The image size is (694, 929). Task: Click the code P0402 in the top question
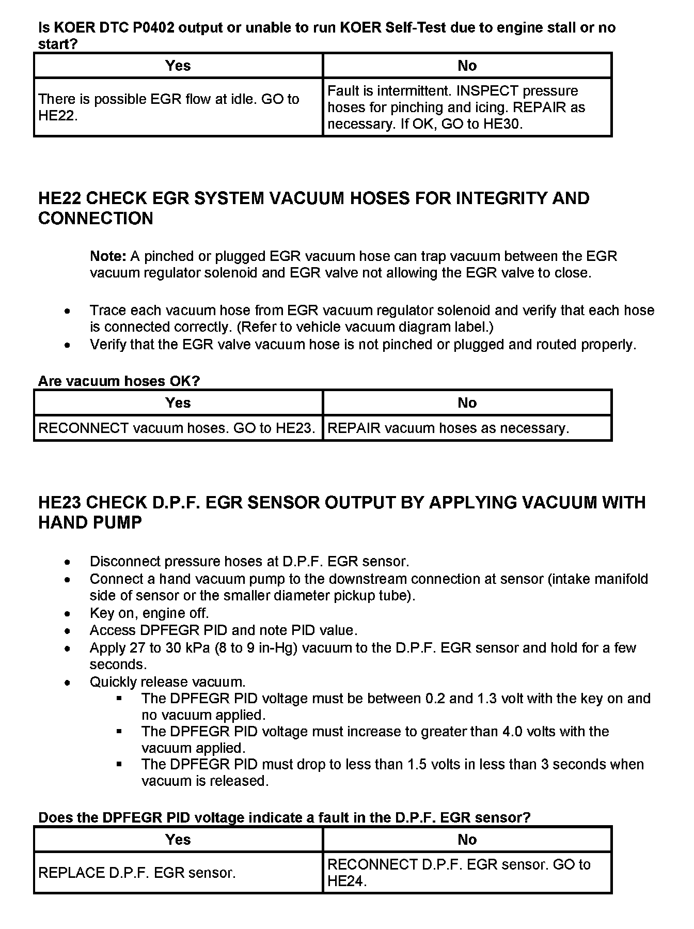pyautogui.click(x=153, y=27)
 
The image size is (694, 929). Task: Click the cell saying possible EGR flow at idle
pyautogui.click(x=178, y=107)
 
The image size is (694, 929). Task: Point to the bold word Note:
pyautogui.click(x=108, y=256)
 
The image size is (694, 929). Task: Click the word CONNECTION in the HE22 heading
pyautogui.click(x=96, y=219)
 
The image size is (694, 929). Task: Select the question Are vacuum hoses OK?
pyautogui.click(x=119, y=381)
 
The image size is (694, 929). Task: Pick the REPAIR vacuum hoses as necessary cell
pyautogui.click(x=448, y=428)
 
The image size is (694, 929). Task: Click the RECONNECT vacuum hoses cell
pyautogui.click(x=177, y=428)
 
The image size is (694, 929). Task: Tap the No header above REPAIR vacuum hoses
pyautogui.click(x=467, y=403)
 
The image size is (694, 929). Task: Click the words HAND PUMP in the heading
pyautogui.click(x=90, y=523)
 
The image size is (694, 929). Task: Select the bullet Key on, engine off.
pyautogui.click(x=149, y=613)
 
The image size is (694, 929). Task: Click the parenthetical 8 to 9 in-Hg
pyautogui.click(x=255, y=648)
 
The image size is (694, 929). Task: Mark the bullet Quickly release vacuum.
pyautogui.click(x=167, y=682)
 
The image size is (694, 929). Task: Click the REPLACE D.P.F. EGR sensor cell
pyautogui.click(x=137, y=873)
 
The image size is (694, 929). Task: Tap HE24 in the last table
pyautogui.click(x=345, y=882)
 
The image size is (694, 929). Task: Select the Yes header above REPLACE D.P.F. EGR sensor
pyautogui.click(x=178, y=840)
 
